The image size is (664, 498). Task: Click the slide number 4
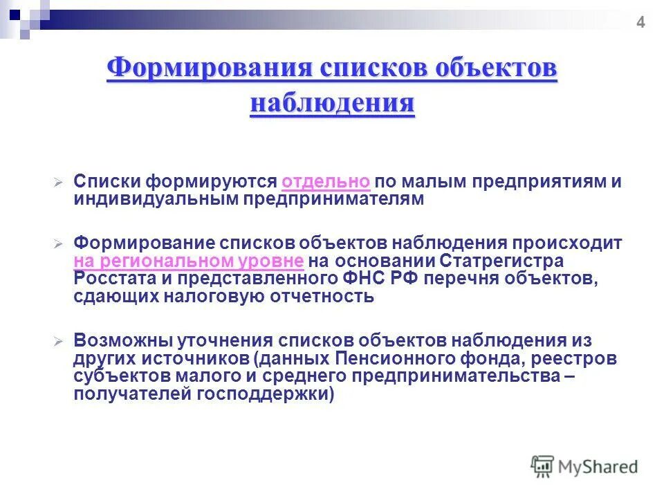[x=640, y=24]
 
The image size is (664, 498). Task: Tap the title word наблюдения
[x=332, y=104]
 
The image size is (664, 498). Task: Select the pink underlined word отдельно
[x=326, y=182]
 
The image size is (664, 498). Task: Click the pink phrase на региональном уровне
[x=189, y=261]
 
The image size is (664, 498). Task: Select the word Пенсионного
[x=400, y=360]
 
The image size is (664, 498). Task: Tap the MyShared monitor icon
[x=542, y=465]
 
